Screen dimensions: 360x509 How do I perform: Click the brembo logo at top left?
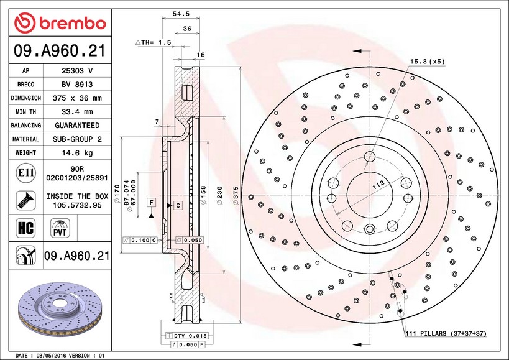(x=60, y=23)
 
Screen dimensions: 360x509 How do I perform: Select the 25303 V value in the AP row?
(x=77, y=71)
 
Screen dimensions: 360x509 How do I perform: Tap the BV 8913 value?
(x=77, y=85)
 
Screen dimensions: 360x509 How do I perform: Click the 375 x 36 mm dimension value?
(x=77, y=98)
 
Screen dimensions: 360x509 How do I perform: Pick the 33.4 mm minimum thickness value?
(x=77, y=112)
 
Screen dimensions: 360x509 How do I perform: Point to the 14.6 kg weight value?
(x=77, y=153)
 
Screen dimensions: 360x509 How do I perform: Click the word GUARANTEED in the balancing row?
(x=77, y=126)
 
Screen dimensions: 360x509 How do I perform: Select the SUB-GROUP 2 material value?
(x=77, y=139)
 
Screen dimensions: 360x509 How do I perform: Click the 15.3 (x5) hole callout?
(x=427, y=62)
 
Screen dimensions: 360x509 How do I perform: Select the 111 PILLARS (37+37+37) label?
(x=446, y=334)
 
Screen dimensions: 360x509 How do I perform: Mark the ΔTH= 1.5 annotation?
(x=152, y=42)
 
